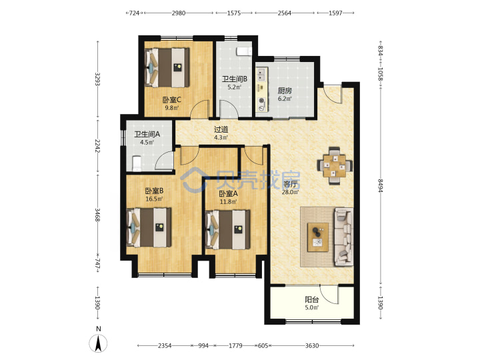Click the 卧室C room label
point(172,100)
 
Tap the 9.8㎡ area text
point(172,108)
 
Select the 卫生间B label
point(235,79)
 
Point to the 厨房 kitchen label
point(285,91)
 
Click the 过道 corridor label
point(221,130)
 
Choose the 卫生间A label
point(147,134)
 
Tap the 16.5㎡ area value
point(154,199)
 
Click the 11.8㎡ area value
point(229,202)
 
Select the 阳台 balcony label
point(311,300)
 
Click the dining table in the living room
point(334,165)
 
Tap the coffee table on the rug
point(318,237)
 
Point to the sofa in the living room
point(344,236)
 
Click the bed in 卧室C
point(167,67)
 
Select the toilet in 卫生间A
point(136,164)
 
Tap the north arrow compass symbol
point(98,343)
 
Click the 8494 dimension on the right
point(381,186)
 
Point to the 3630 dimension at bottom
point(311,345)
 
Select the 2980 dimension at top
point(179,13)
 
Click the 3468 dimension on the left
point(97,215)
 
